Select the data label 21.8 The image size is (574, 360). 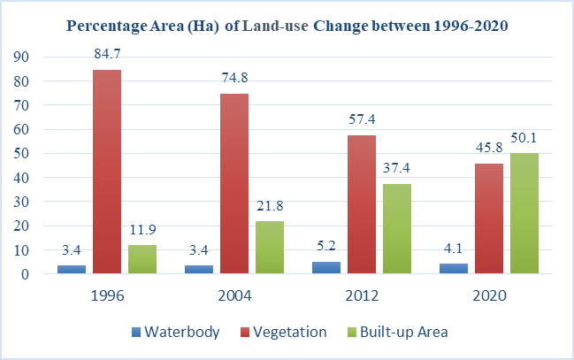coord(270,209)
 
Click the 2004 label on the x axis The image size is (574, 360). coord(234,295)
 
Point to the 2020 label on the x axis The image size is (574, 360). coord(489,295)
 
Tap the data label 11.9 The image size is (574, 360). coord(142,233)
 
